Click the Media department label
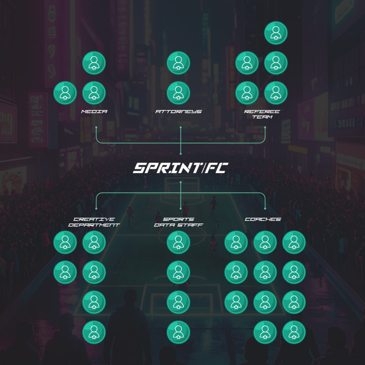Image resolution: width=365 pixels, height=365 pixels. [94, 112]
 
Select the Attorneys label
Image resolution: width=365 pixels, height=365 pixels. [179, 112]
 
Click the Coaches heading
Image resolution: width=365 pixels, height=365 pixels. [263, 219]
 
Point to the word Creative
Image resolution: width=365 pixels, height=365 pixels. [94, 219]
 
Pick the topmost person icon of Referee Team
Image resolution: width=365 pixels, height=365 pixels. [276, 33]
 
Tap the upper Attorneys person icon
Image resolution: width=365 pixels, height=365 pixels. [179, 63]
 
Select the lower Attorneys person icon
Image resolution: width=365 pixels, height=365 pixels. [179, 93]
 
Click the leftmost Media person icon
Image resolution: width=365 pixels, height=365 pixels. [65, 93]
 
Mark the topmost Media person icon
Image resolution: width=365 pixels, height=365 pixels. [94, 63]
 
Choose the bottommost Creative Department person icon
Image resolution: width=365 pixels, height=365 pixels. [94, 332]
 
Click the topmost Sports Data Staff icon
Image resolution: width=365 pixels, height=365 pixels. [179, 242]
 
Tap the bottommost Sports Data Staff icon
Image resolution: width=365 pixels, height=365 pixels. [179, 332]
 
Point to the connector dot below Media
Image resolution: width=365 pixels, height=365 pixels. [96, 127]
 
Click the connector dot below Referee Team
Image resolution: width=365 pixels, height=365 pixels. [265, 127]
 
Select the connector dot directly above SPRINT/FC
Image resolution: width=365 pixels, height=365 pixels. [181, 154]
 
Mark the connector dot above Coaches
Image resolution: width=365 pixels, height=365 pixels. [265, 209]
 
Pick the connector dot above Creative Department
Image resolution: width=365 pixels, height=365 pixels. [96, 209]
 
